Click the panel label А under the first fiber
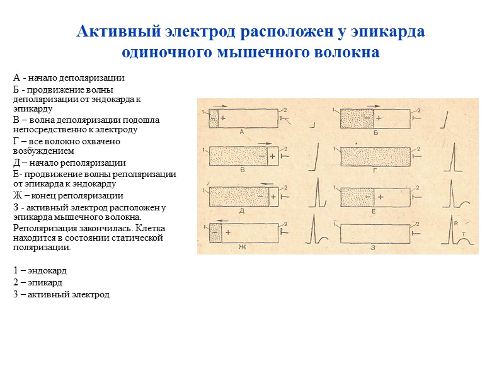point(242,132)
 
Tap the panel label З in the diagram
point(373,248)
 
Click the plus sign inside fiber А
point(222,118)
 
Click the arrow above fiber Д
point(266,183)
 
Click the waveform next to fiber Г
point(454,155)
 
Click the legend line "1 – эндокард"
point(40,270)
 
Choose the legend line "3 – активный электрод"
point(61,294)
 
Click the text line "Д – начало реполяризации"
point(69,163)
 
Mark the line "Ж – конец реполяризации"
point(68,195)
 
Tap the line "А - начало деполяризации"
point(69,78)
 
